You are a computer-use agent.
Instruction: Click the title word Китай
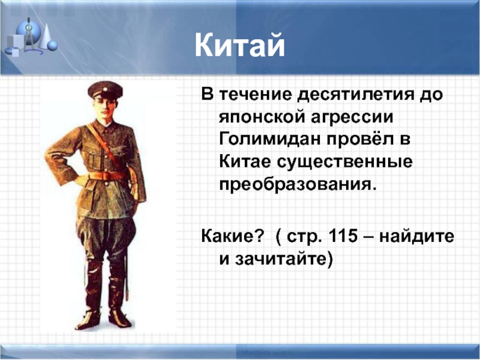point(239,46)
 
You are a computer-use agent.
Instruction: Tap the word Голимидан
point(270,139)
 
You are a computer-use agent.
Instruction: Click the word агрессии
point(352,118)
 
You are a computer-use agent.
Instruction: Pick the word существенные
point(344,162)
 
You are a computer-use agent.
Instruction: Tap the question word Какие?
point(232,236)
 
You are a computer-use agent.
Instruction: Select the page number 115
point(342,236)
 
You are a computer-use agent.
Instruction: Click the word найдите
point(416,236)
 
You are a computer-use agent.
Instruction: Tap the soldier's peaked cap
point(105,89)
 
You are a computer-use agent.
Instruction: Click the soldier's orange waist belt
point(108,175)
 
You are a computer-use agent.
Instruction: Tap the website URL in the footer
point(268,353)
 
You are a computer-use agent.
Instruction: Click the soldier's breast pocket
point(95,160)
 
